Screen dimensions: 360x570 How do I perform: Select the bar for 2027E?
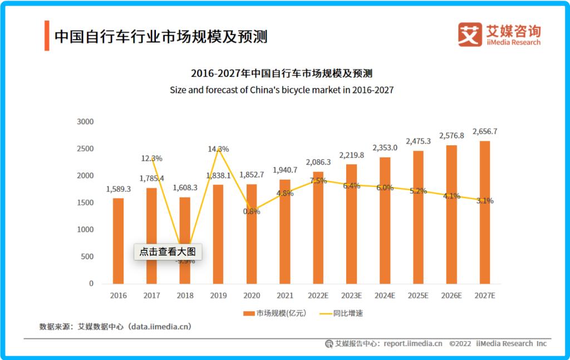(x=485, y=212)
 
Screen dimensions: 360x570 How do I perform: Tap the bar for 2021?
(x=284, y=231)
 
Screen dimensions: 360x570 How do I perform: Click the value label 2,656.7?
(x=485, y=131)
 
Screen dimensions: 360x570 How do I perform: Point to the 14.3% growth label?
(x=218, y=149)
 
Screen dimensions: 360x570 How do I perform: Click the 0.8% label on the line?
(x=252, y=211)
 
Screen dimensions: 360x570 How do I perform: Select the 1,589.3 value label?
(x=118, y=189)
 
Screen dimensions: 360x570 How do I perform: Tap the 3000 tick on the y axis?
(x=85, y=122)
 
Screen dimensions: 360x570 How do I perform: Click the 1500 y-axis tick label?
(x=85, y=203)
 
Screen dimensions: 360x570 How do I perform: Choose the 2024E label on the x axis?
(x=385, y=295)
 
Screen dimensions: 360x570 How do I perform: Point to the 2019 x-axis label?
(x=218, y=295)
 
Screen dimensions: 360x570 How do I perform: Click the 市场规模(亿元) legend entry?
(x=275, y=313)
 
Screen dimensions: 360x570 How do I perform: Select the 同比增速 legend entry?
(x=340, y=313)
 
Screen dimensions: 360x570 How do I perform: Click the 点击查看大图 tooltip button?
(x=168, y=251)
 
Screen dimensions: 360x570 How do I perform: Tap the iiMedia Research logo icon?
(x=469, y=34)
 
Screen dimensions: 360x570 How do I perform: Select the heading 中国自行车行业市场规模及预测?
(x=161, y=36)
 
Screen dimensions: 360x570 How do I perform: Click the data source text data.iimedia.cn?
(x=159, y=327)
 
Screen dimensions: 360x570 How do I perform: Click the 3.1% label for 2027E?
(x=485, y=201)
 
